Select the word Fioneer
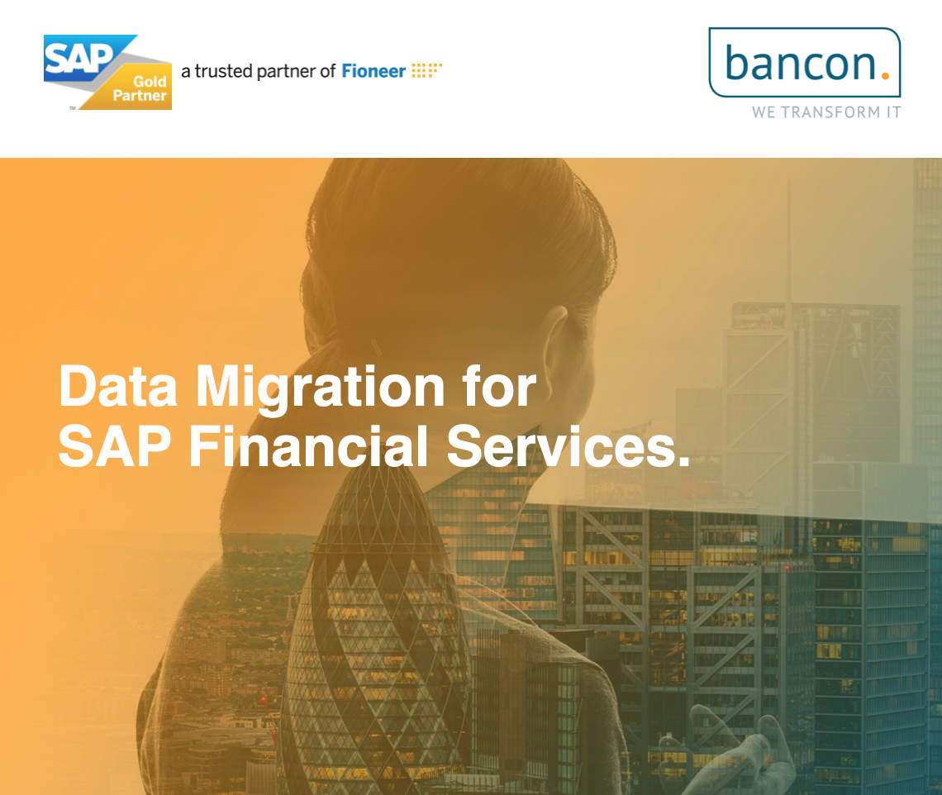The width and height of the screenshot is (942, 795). (373, 71)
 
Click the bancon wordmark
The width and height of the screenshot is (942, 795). (797, 62)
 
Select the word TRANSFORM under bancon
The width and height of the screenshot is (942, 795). (831, 112)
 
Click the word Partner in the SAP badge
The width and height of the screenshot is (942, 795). (141, 97)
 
